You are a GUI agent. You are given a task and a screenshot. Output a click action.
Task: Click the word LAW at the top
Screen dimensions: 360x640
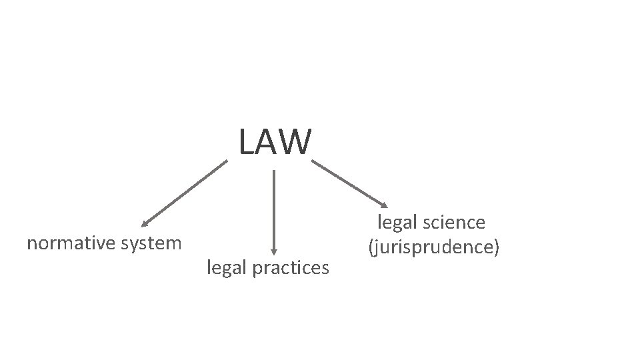click(x=275, y=142)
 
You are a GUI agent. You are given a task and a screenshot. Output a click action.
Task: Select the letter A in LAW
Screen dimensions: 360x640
click(x=268, y=142)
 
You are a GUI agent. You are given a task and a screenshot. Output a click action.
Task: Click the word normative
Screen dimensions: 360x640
click(x=70, y=243)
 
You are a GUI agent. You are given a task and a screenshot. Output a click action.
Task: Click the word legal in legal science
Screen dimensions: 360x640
click(x=397, y=223)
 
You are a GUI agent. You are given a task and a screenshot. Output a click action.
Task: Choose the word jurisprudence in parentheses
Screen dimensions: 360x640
click(x=433, y=247)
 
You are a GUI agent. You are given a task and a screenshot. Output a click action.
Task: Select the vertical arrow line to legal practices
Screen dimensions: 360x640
click(x=274, y=207)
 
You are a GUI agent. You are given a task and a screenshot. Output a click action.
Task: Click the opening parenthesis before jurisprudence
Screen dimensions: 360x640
click(x=371, y=247)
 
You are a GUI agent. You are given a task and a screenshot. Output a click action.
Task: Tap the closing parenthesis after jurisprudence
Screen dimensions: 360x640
click(x=495, y=247)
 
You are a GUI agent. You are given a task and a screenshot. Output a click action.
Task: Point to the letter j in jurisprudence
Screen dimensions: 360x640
click(x=377, y=247)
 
